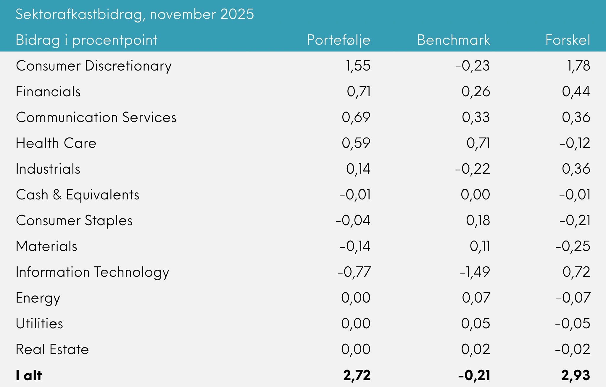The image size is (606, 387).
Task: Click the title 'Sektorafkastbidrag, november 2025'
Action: pos(135,14)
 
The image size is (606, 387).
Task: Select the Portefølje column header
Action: pos(339,40)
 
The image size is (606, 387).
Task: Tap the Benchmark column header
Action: pos(453,40)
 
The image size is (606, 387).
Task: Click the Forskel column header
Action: pos(568,40)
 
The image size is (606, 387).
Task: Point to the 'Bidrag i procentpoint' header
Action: pos(86,40)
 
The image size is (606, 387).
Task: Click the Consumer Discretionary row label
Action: pos(94,66)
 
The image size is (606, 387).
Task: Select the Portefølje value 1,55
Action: pos(358,66)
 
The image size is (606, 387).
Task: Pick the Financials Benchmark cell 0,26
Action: pos(476,92)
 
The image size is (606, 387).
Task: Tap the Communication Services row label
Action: pos(96,117)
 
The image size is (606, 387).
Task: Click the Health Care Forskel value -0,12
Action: pos(575,143)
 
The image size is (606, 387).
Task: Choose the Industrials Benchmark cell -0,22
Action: pos(473,169)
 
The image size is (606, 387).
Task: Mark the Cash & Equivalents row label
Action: pos(78,195)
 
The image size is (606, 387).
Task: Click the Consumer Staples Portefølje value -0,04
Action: pos(353,220)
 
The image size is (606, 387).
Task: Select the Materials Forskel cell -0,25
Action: pos(573,246)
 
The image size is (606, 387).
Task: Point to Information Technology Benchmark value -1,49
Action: pos(475,272)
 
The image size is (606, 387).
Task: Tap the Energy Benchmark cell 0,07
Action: pos(476,298)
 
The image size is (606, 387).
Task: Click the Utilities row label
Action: pos(39,324)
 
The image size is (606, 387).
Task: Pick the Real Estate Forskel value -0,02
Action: pos(573,349)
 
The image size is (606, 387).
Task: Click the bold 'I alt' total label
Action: pos(29,375)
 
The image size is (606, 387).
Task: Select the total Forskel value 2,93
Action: pos(576,375)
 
